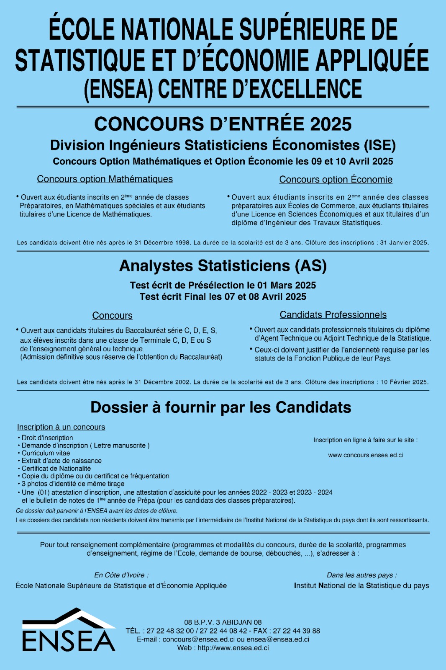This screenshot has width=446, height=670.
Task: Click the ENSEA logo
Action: (69, 631)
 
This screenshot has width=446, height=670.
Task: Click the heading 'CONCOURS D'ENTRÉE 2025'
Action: (223, 124)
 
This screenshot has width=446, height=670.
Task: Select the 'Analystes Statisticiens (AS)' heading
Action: (223, 266)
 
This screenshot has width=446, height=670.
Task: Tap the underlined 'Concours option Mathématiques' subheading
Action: (105, 179)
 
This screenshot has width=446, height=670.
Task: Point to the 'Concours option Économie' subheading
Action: (336, 180)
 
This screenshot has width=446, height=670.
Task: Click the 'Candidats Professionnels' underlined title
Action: (333, 315)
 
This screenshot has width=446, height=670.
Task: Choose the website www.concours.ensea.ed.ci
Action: (365, 455)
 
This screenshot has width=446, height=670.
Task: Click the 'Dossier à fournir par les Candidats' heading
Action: (220, 407)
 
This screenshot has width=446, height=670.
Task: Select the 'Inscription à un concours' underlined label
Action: (61, 427)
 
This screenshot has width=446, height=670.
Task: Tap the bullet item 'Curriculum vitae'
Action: (46, 453)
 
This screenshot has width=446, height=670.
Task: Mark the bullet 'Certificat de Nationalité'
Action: (56, 469)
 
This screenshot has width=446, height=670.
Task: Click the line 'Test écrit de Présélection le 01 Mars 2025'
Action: (223, 286)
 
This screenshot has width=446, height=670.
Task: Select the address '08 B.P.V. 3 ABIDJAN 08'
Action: (223, 622)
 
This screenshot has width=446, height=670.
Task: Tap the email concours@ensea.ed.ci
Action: (198, 639)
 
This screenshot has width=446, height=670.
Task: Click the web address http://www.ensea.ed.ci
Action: (233, 648)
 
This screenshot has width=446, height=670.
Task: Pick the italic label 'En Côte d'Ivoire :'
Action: (121, 575)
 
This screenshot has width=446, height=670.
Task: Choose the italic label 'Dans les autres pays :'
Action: (362, 575)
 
